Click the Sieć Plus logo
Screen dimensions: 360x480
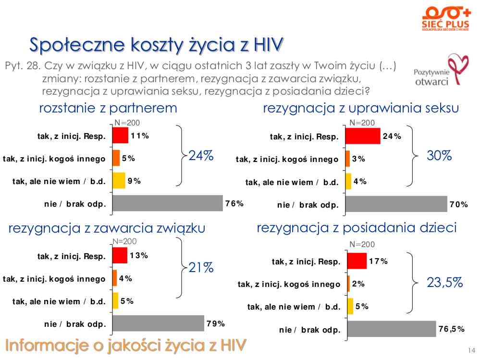(x=442, y=19)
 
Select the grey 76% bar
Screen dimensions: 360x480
(x=168, y=203)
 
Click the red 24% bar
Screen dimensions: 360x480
(x=363, y=136)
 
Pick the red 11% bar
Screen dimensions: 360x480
(x=120, y=136)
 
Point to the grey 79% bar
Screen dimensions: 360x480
(x=158, y=323)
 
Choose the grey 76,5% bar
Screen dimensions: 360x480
(x=391, y=329)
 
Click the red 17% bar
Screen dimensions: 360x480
(x=357, y=261)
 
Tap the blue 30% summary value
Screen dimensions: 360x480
(x=439, y=156)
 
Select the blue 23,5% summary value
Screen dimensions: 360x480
(x=444, y=283)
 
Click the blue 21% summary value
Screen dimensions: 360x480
(x=201, y=268)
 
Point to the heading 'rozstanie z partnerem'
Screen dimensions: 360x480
(x=108, y=108)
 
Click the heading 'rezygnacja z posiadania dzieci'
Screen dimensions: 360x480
(x=357, y=228)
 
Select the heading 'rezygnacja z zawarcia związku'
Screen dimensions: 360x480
(x=107, y=228)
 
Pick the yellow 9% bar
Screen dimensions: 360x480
(x=119, y=181)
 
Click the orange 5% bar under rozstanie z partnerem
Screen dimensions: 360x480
(x=116, y=158)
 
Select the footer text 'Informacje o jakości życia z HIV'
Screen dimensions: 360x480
(x=126, y=345)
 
